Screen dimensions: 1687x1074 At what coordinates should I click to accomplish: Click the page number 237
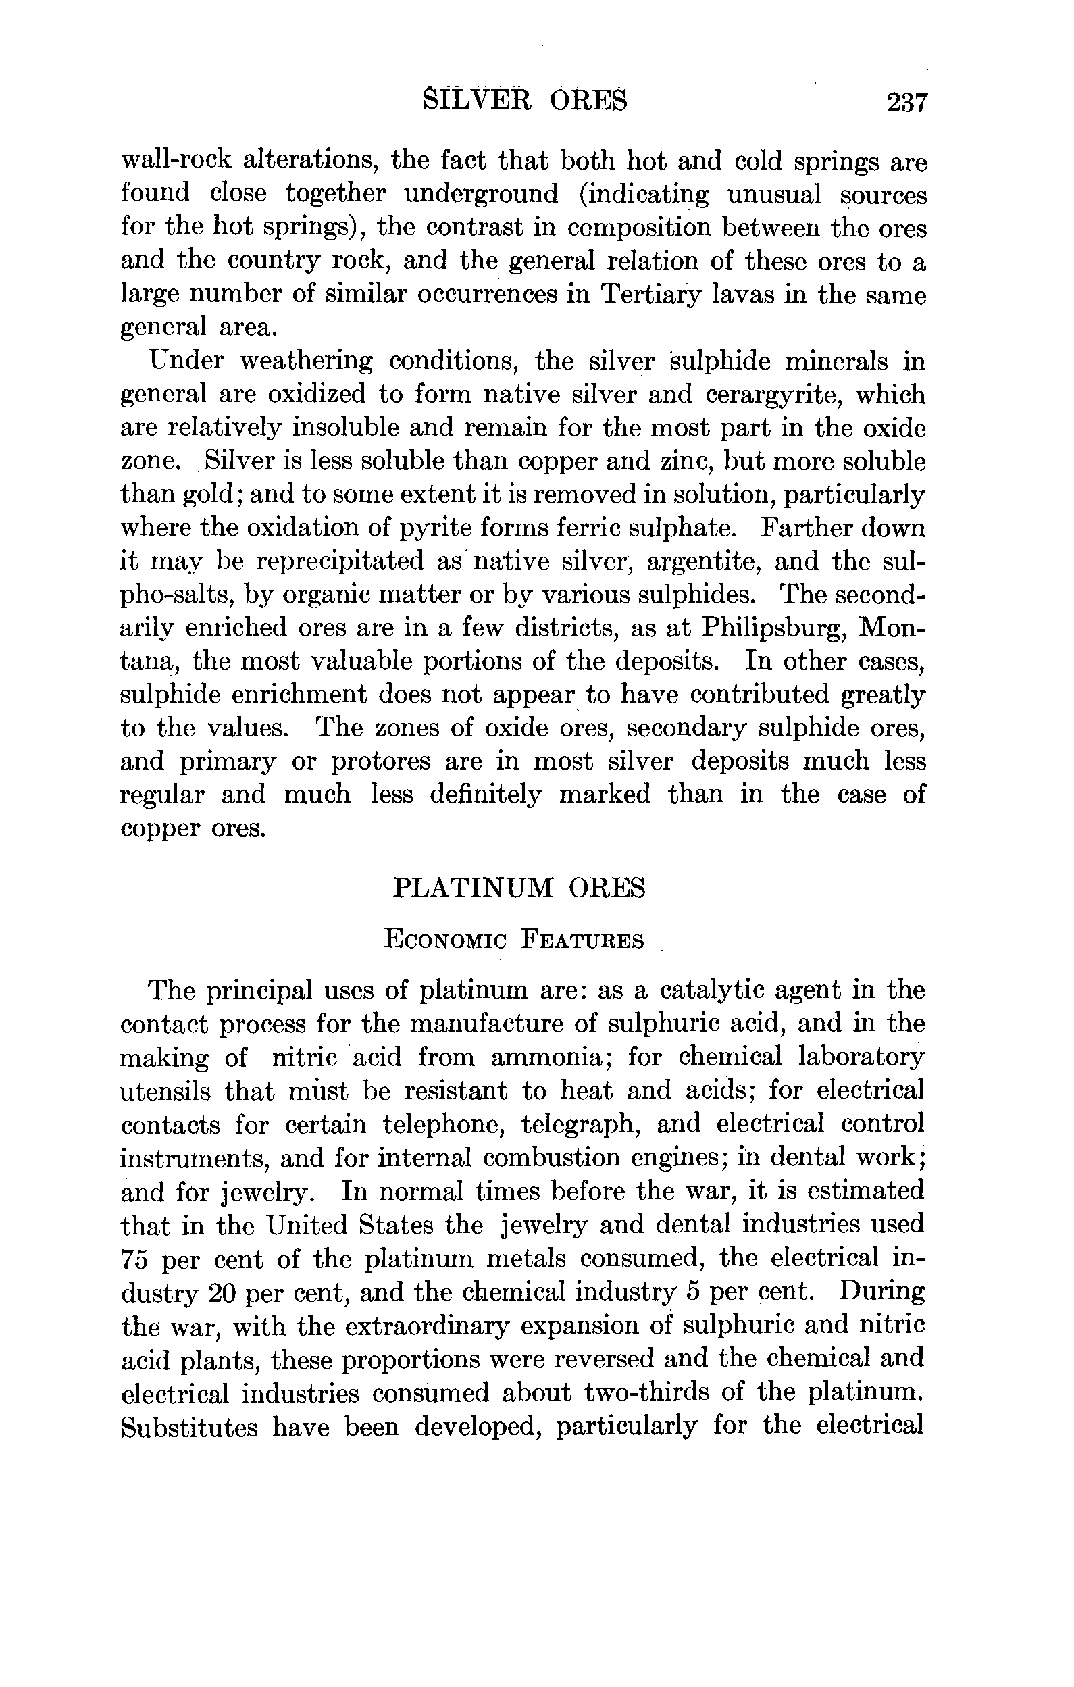point(906,102)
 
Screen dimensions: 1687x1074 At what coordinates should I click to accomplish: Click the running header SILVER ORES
point(526,101)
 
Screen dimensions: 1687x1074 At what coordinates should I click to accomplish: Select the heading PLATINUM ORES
point(519,888)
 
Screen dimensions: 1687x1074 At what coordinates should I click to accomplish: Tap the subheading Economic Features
point(514,940)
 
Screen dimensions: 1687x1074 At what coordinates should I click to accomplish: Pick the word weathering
point(306,361)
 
